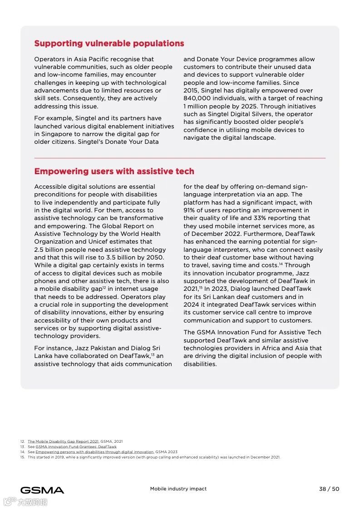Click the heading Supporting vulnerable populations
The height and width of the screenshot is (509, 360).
pos(109,44)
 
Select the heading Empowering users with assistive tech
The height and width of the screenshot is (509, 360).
pos(114,171)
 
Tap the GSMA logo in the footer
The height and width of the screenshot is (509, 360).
pos(42,490)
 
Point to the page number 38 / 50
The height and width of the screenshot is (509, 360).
pos(329,489)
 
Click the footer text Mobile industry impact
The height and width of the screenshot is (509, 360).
pos(178,489)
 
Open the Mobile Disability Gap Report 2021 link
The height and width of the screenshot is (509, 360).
pos(63,441)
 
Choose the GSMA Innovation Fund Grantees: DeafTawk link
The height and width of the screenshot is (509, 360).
pos(76,447)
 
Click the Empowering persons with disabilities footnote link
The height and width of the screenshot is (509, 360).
pos(94,452)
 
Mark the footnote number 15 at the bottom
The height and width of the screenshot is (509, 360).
pos(22,457)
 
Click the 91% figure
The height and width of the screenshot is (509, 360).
pos(190,210)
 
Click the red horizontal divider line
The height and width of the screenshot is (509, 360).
pos(180,158)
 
